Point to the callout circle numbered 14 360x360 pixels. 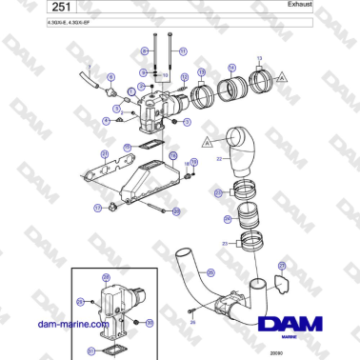click(231, 68)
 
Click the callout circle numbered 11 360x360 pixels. click(182, 50)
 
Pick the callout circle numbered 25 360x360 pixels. click(219, 193)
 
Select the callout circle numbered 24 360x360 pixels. click(227, 219)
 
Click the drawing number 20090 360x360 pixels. click(275, 352)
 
